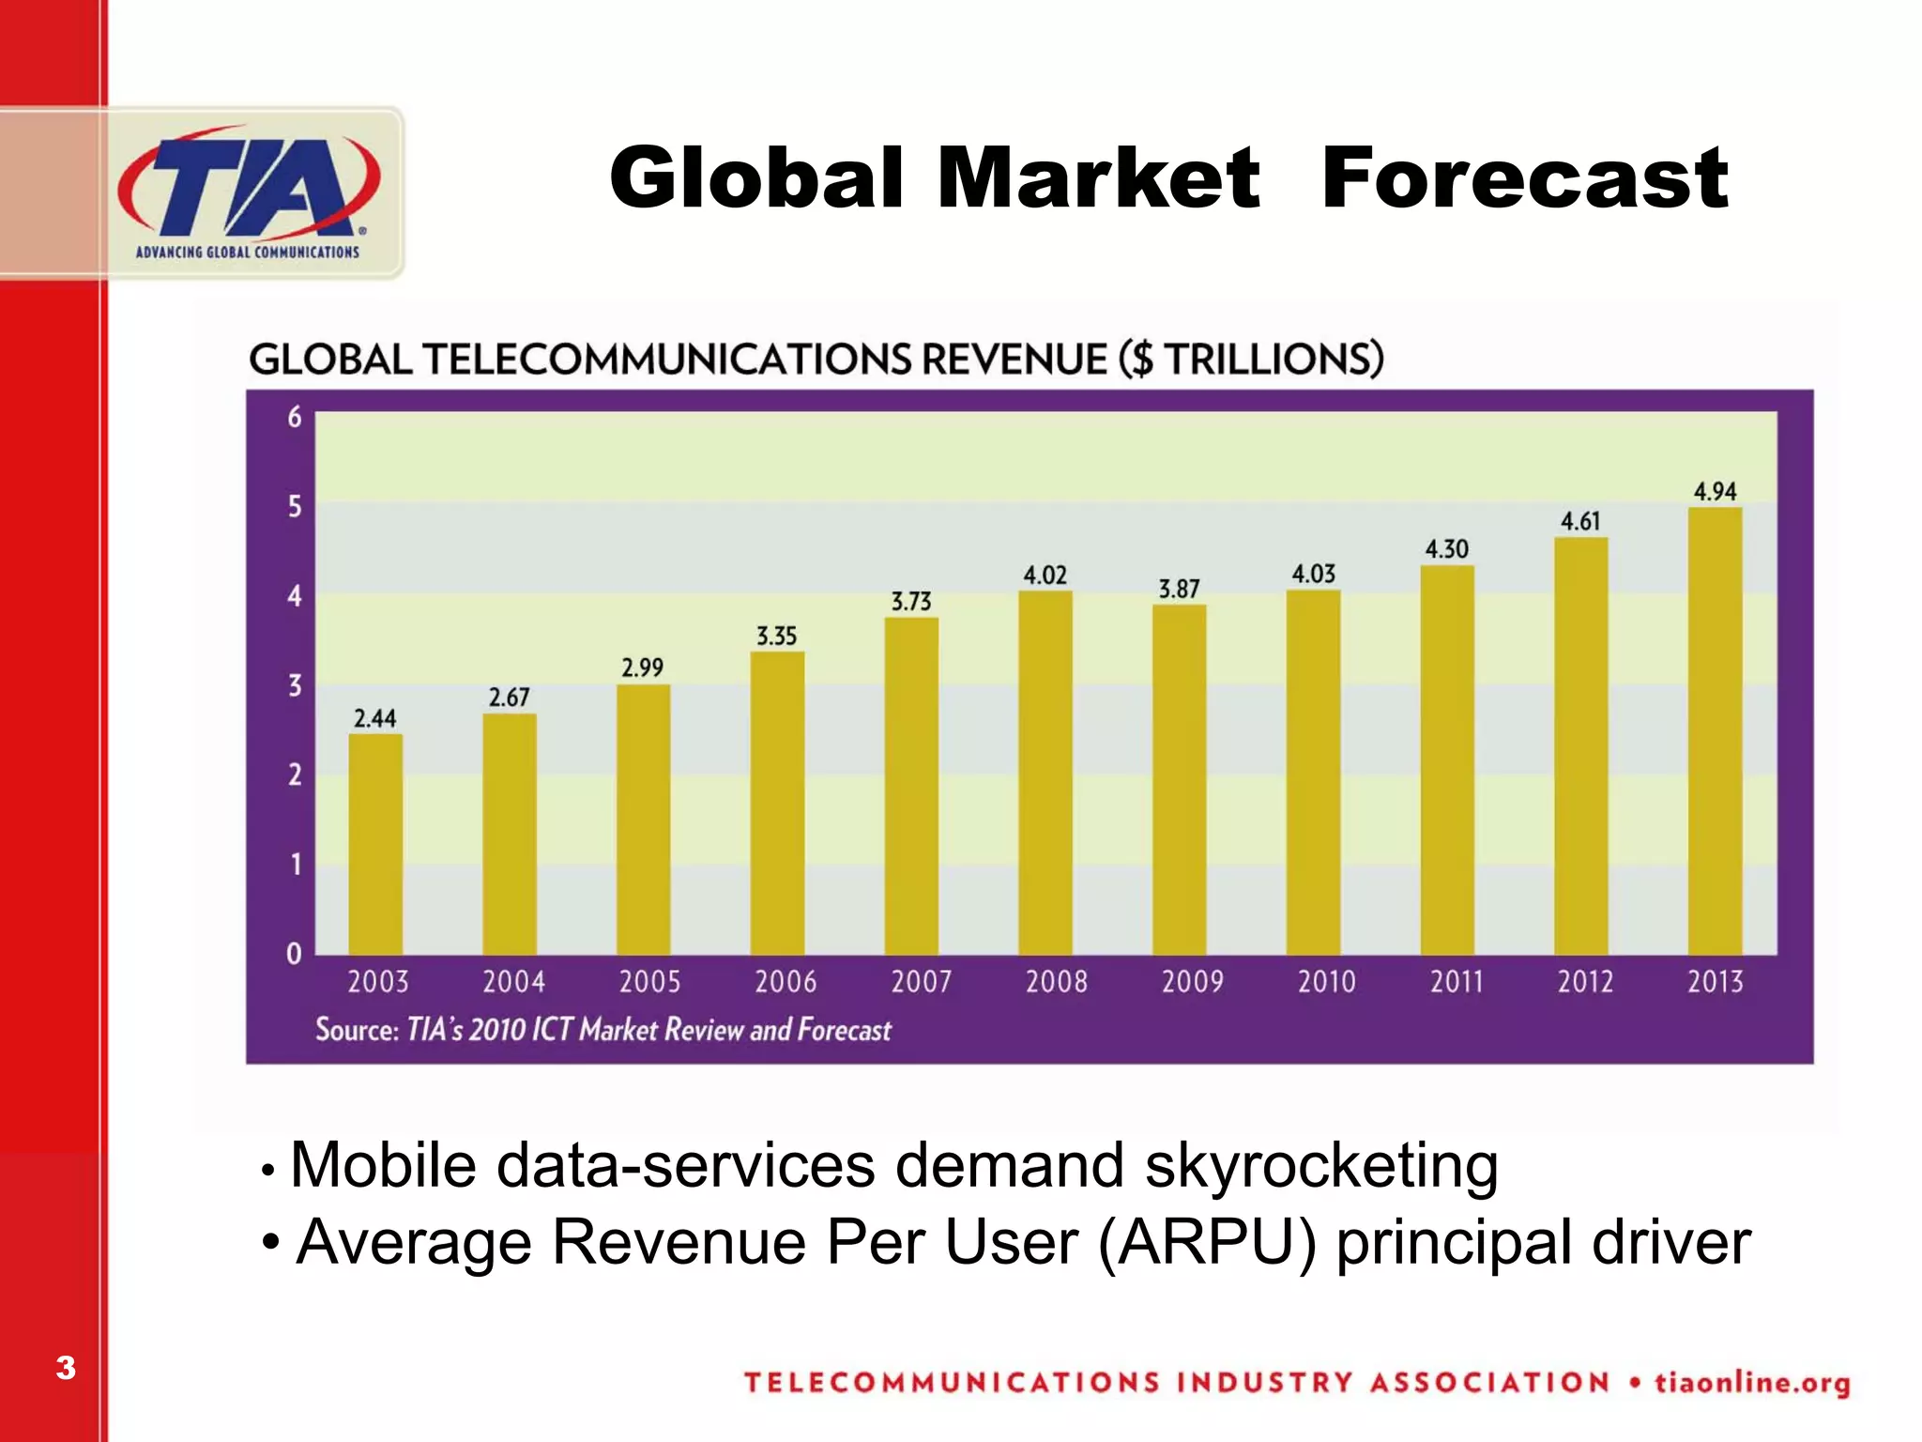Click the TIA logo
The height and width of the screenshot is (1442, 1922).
(249, 192)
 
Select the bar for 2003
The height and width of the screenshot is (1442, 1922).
(375, 845)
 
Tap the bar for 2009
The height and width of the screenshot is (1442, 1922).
(1179, 779)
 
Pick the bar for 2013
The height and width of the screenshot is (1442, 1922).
(1715, 732)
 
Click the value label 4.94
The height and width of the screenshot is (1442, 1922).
(1715, 491)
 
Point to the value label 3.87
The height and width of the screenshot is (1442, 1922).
(1179, 589)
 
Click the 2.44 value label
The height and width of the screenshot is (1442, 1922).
(374, 718)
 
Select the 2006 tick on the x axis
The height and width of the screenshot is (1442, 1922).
(786, 982)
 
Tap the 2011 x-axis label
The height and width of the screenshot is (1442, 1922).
(1457, 982)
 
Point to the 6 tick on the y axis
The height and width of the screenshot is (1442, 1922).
(295, 417)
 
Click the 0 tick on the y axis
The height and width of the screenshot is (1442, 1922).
(295, 954)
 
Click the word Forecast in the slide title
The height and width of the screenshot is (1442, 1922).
(1524, 178)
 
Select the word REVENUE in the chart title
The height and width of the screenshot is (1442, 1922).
(1014, 360)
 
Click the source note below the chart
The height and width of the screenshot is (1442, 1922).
(603, 1030)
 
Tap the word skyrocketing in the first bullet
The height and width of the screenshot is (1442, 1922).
(1320, 1166)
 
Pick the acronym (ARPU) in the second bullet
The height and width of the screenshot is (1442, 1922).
(1208, 1242)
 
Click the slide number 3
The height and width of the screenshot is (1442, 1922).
(65, 1368)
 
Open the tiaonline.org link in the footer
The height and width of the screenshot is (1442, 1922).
(1752, 1383)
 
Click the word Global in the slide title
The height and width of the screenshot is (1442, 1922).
(756, 178)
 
